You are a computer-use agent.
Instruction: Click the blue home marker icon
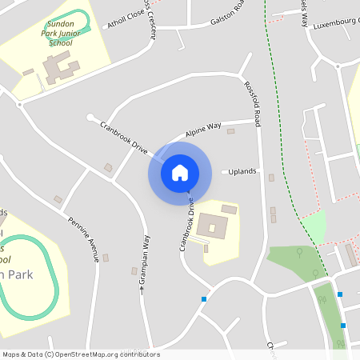(179, 172)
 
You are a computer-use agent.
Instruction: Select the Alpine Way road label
(203, 129)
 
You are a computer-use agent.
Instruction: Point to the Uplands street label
(242, 171)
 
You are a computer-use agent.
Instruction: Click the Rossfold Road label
(254, 105)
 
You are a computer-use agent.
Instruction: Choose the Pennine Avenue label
(82, 239)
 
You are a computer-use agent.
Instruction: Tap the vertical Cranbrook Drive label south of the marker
(186, 224)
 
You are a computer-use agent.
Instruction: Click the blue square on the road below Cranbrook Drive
(205, 299)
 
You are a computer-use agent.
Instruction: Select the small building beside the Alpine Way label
(230, 130)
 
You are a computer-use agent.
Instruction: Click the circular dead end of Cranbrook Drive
(90, 117)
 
